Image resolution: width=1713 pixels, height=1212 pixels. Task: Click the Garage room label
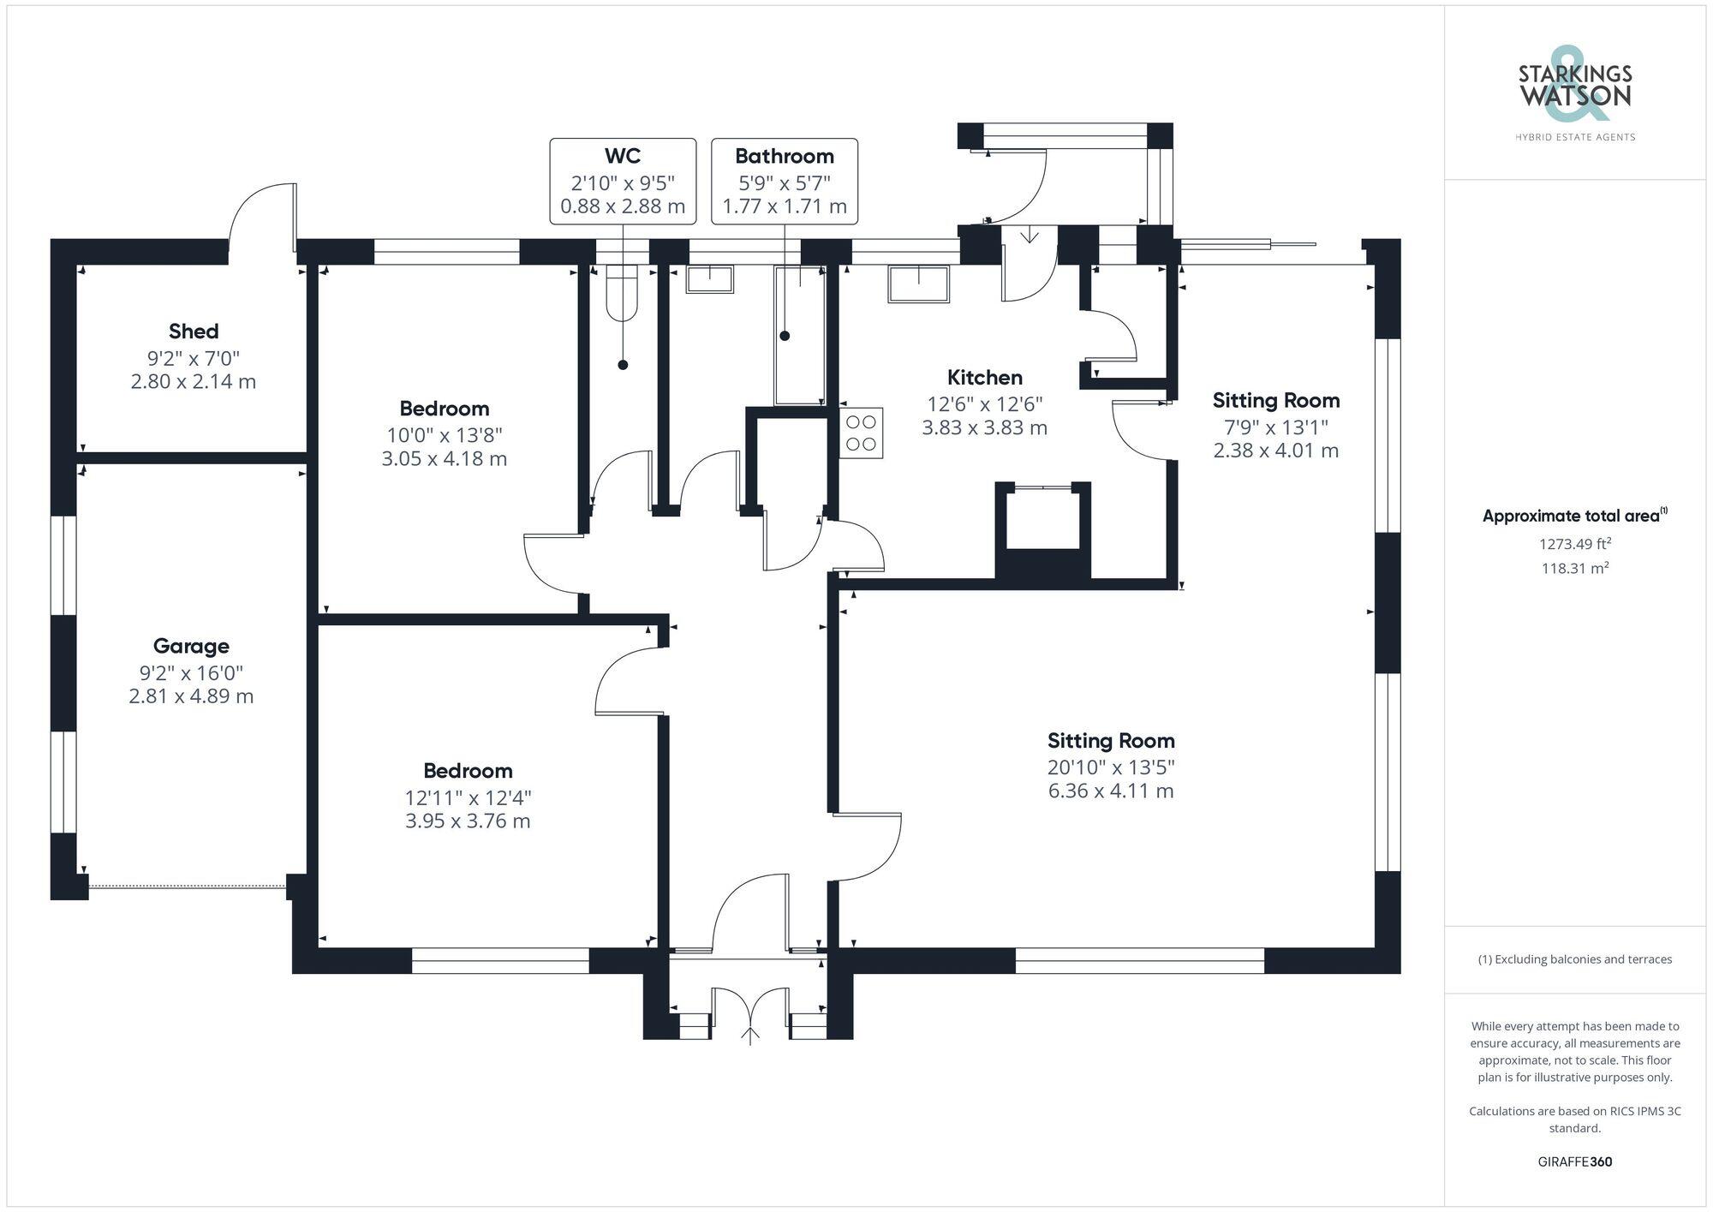pos(191,646)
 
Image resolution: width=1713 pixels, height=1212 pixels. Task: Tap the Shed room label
pos(194,331)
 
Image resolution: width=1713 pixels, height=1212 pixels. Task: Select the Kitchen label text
pos(984,378)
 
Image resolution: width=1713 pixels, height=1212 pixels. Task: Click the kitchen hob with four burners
pos(861,433)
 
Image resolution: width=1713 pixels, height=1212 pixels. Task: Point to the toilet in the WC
pos(623,293)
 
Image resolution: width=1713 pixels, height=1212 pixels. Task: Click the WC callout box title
pos(623,156)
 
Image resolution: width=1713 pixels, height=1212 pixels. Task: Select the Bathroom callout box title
pos(784,156)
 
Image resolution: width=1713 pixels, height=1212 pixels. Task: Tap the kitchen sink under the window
pos(919,284)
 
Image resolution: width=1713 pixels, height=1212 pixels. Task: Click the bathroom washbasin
pos(709,279)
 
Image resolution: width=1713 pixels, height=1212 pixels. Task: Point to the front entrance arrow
pos(750,1036)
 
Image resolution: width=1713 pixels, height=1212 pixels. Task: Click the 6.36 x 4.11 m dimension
pos(1111,791)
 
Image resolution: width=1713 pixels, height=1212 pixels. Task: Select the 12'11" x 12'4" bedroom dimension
pos(468,797)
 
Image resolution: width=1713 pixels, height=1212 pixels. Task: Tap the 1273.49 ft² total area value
pos(1575,544)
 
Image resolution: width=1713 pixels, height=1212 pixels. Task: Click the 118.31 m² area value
pos(1575,568)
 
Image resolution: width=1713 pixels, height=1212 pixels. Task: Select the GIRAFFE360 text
pos(1575,1162)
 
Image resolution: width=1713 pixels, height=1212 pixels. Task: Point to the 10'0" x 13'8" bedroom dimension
pos(444,435)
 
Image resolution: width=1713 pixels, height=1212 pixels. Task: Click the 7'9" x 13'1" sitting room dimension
pos(1275,427)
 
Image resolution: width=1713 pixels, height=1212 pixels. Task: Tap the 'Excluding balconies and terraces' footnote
pos(1575,959)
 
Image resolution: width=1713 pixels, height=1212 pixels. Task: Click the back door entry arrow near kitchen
pos(1029,236)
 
